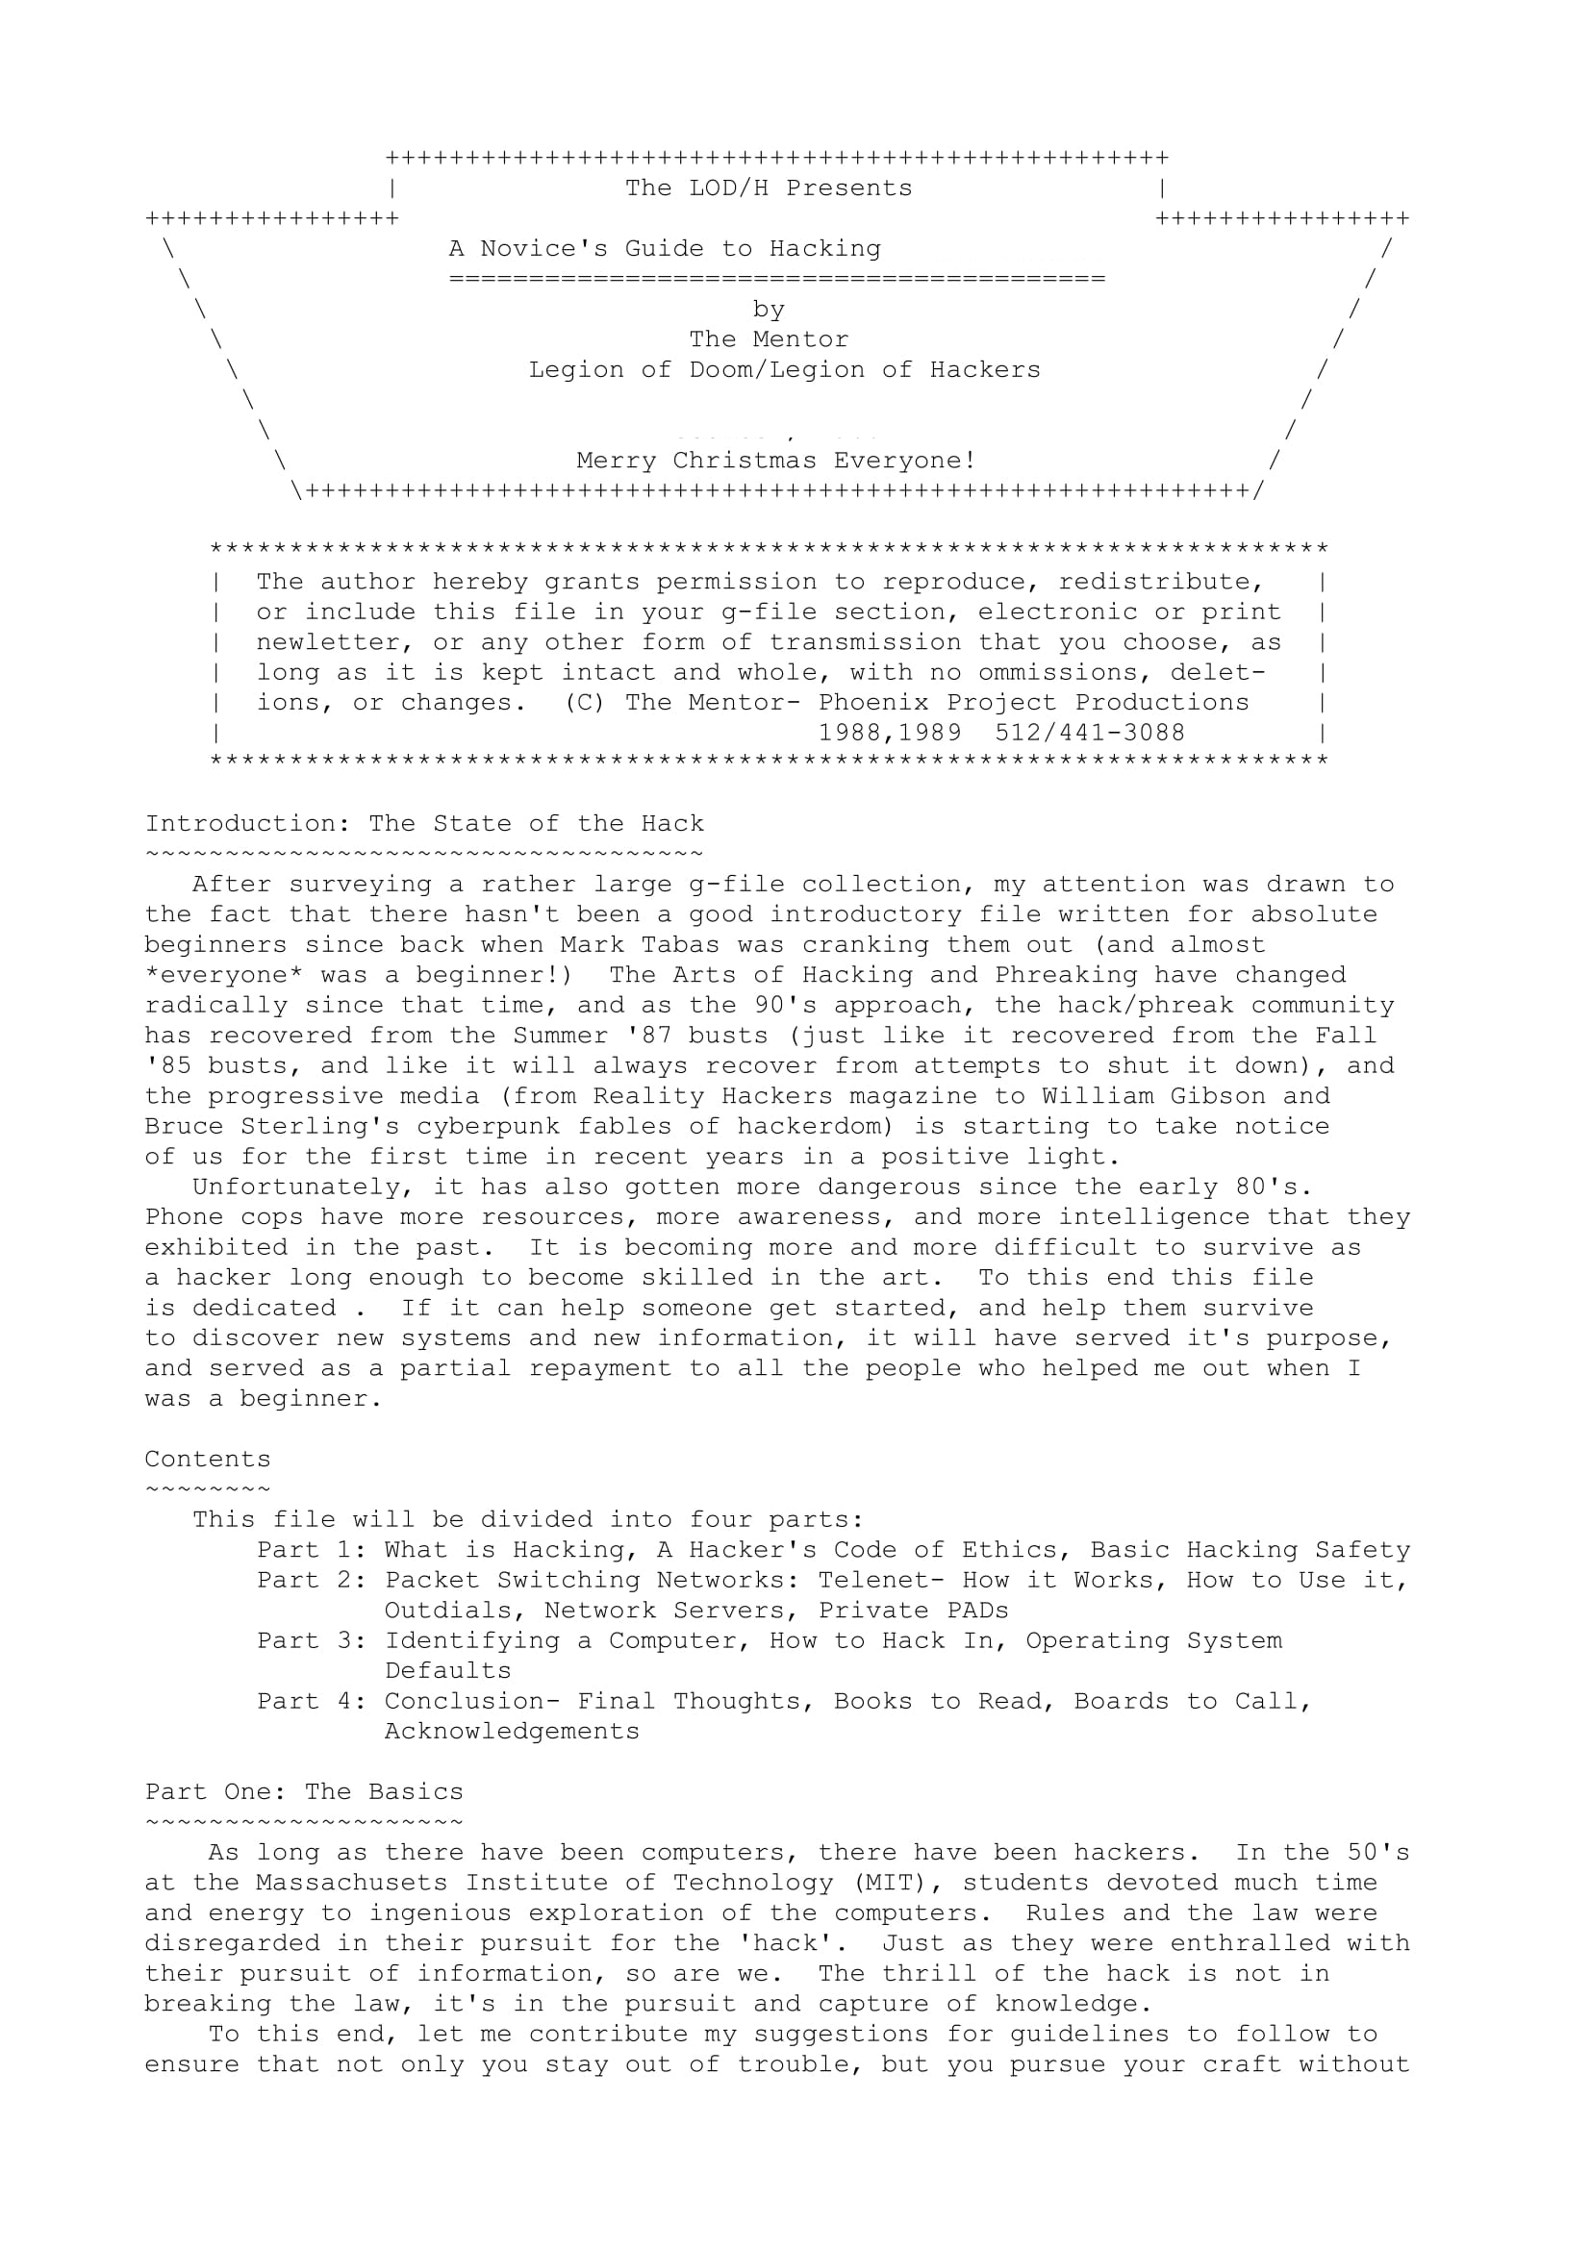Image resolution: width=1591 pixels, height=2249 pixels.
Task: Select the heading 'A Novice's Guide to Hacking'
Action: click(665, 249)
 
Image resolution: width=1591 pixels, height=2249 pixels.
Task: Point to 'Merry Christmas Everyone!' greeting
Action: click(776, 461)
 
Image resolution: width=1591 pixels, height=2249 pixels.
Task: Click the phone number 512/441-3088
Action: click(1090, 733)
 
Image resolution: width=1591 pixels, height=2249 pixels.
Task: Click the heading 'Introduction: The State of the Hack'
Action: click(424, 824)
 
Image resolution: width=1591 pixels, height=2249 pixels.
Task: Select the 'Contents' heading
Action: click(208, 1460)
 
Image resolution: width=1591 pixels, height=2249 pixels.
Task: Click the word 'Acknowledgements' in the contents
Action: click(512, 1732)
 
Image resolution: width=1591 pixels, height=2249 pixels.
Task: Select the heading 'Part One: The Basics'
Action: click(304, 1792)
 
